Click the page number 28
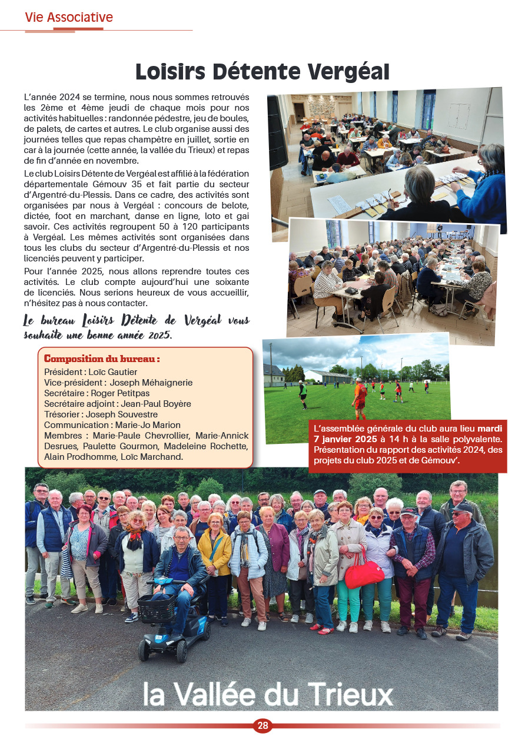(262, 726)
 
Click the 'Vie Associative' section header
(69, 18)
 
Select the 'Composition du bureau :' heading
(102, 359)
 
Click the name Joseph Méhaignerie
(151, 383)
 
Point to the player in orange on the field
(360, 396)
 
